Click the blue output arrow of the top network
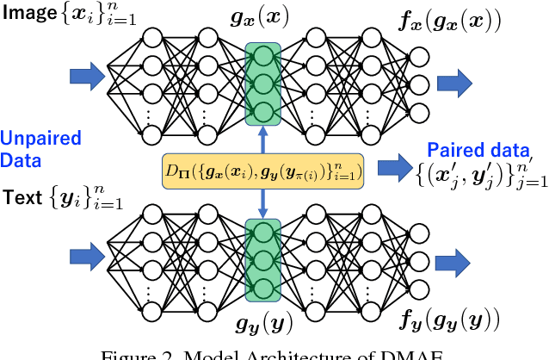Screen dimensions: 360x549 coord(453,83)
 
